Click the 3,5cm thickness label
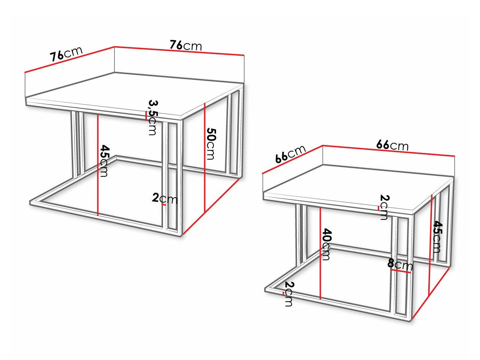(153, 117)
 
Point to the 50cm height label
(211, 144)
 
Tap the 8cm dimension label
(400, 264)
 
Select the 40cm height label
(326, 244)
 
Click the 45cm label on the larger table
(104, 161)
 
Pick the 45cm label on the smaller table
(437, 237)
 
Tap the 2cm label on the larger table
(165, 198)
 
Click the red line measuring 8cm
(400, 271)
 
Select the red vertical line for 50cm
(205, 158)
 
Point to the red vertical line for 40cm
(320, 253)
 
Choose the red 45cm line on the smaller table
(430, 245)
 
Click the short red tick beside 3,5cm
(146, 116)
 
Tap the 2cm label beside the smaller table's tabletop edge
(384, 207)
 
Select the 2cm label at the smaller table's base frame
(289, 294)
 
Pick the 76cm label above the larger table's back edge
(186, 45)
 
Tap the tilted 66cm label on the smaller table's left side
(290, 154)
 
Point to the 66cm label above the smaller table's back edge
(392, 145)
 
